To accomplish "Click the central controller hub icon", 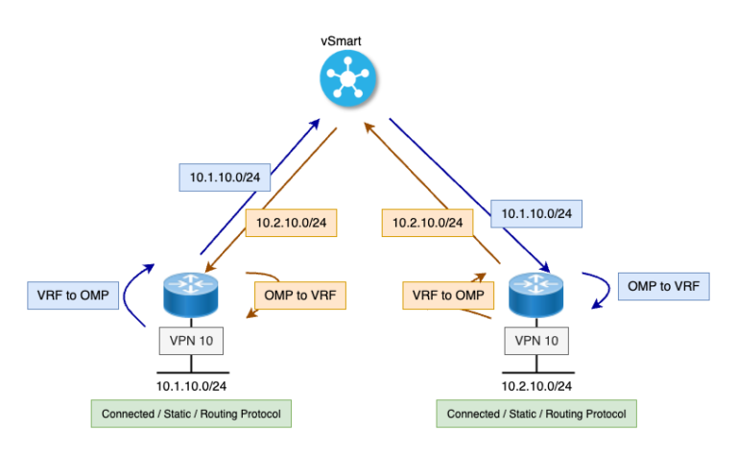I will pyautogui.click(x=347, y=76).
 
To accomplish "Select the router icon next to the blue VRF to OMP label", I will pyautogui.click(x=191, y=295).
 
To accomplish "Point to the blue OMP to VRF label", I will pyautogui.click(x=663, y=286).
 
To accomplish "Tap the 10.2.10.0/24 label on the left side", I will pyautogui.click(x=292, y=223).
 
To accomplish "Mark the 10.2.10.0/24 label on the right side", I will pyautogui.click(x=428, y=223).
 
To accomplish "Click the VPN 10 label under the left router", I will pyautogui.click(x=191, y=340).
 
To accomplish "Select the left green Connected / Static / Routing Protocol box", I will pyautogui.click(x=191, y=414).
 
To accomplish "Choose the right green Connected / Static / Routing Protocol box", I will pyautogui.click(x=536, y=414).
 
